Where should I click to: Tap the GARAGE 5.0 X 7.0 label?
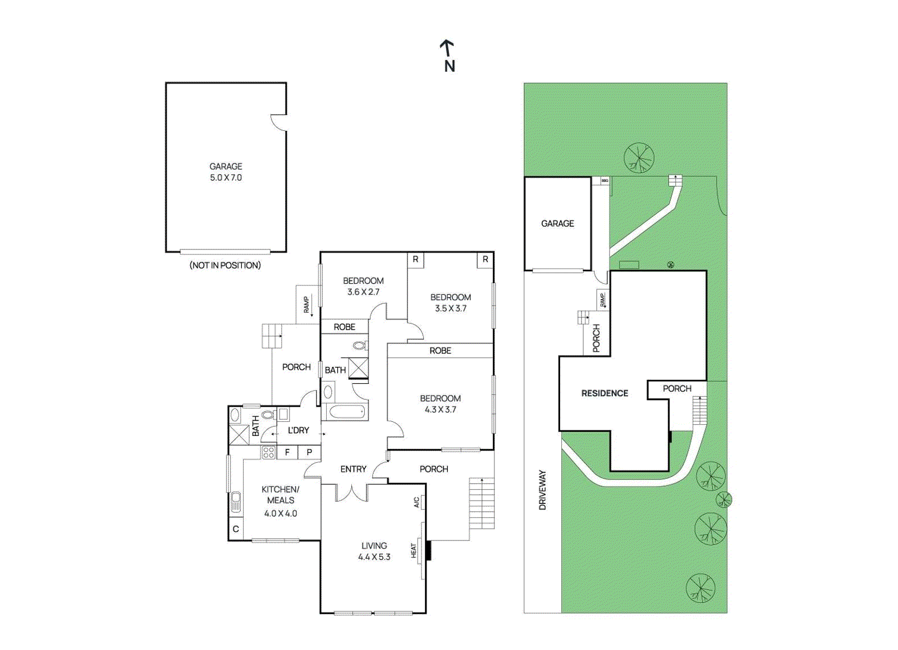coord(226,172)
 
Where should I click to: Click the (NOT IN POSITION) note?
coord(225,265)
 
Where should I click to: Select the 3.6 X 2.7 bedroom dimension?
coord(363,292)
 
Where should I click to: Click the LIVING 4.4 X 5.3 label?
coord(374,551)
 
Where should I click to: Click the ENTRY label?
coord(353,469)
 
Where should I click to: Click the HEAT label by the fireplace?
coord(414,551)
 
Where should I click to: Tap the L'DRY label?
coord(298,430)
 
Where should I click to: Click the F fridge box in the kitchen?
coord(287,452)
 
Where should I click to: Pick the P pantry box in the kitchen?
coord(309,452)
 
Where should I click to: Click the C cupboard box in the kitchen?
coord(236,529)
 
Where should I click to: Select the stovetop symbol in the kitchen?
coord(268,452)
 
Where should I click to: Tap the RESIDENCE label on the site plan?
coord(604,393)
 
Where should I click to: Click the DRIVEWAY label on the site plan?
coord(542,490)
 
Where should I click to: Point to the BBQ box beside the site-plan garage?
coord(604,181)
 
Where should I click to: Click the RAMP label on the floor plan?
coord(306,304)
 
